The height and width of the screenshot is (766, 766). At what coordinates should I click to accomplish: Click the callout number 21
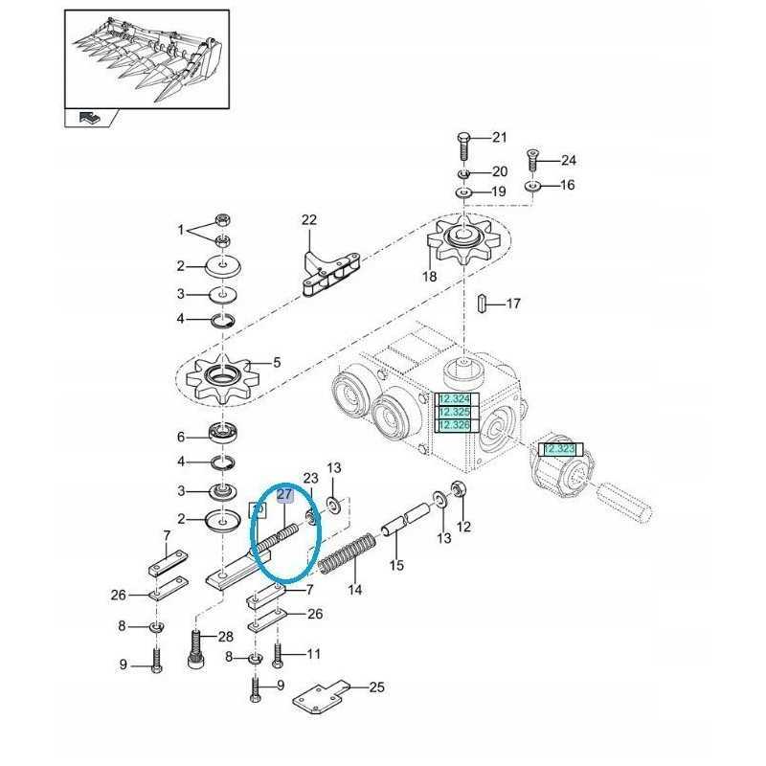tap(499, 138)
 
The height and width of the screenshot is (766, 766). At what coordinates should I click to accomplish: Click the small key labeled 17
tap(484, 304)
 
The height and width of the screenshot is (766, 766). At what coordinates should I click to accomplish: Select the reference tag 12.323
tap(558, 448)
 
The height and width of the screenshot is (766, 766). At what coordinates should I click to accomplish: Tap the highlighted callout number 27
tap(284, 495)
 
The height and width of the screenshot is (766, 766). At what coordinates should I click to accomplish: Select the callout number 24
tap(568, 160)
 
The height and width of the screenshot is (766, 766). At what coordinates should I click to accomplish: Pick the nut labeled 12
tap(459, 490)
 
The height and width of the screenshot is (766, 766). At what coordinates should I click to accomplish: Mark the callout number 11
tap(312, 654)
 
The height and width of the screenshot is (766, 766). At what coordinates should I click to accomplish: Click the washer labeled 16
tap(533, 185)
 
